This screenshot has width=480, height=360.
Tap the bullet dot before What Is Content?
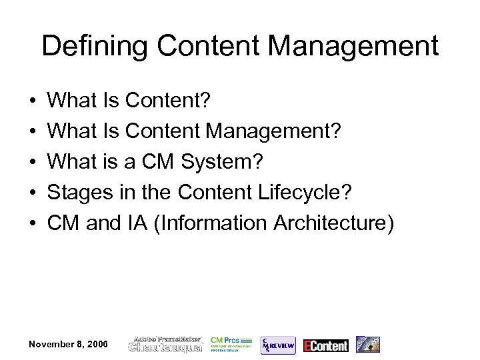33,101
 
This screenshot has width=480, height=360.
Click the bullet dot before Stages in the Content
33,193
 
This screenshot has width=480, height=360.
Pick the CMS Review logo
277,344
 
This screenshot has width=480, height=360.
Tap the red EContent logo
325,345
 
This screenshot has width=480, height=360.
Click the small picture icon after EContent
367,344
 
